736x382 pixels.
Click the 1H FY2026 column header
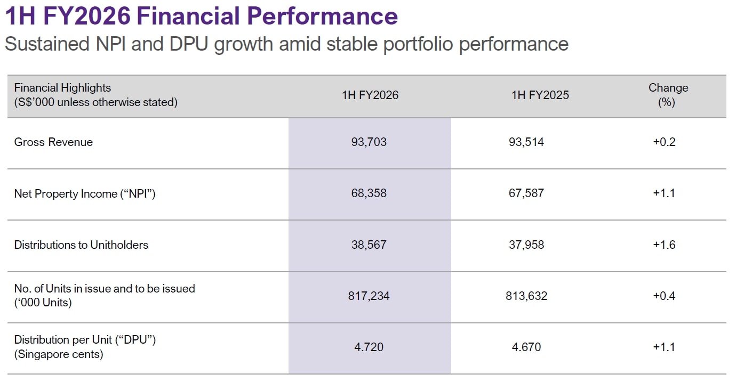click(x=370, y=95)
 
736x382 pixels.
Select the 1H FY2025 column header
click(x=540, y=95)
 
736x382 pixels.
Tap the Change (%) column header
click(x=668, y=95)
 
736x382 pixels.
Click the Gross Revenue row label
click(x=53, y=142)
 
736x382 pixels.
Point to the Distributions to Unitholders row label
click(x=81, y=245)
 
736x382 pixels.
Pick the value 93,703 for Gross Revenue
click(x=369, y=142)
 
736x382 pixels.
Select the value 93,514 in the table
click(x=526, y=142)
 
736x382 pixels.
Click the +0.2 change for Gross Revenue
click(x=664, y=142)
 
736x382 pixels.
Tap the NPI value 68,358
click(x=369, y=193)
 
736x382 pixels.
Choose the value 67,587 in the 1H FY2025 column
click(x=526, y=193)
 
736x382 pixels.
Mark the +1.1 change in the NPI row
click(x=664, y=193)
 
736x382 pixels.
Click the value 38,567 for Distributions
click(x=369, y=245)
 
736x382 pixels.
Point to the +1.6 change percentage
click(x=664, y=245)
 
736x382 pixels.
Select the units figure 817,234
click(x=369, y=296)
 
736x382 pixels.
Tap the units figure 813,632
click(x=526, y=296)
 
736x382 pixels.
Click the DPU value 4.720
click(x=369, y=347)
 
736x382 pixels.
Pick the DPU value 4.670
click(x=526, y=347)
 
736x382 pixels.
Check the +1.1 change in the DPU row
click(x=664, y=347)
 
